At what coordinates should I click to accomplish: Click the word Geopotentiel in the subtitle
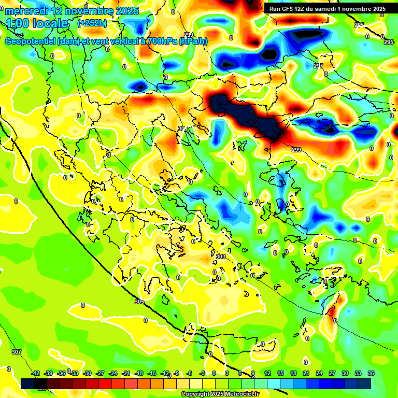point(31,41)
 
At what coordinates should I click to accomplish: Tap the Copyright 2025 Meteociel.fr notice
point(220,394)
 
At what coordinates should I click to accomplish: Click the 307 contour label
point(17,352)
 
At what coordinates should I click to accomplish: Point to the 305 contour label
point(139,302)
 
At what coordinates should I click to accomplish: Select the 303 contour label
point(221,257)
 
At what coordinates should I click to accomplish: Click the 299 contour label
point(296,150)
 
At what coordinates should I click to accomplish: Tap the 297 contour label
point(318,66)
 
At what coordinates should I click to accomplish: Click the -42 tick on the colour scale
point(36,373)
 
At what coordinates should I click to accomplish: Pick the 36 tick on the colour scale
point(371,373)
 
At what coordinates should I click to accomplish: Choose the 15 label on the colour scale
point(280,373)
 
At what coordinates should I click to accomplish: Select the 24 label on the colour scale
point(319,373)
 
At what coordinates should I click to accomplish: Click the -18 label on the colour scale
point(139,373)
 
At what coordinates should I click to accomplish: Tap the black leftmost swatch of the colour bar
point(27,383)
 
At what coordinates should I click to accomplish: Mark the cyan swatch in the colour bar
point(274,383)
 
